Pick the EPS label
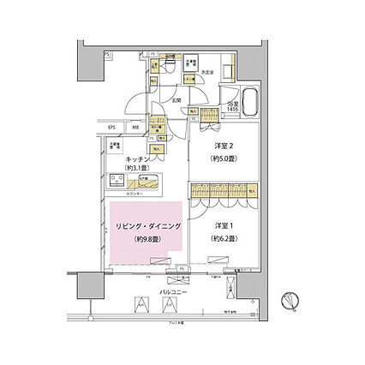(x=111, y=129)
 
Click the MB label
(x=135, y=129)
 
